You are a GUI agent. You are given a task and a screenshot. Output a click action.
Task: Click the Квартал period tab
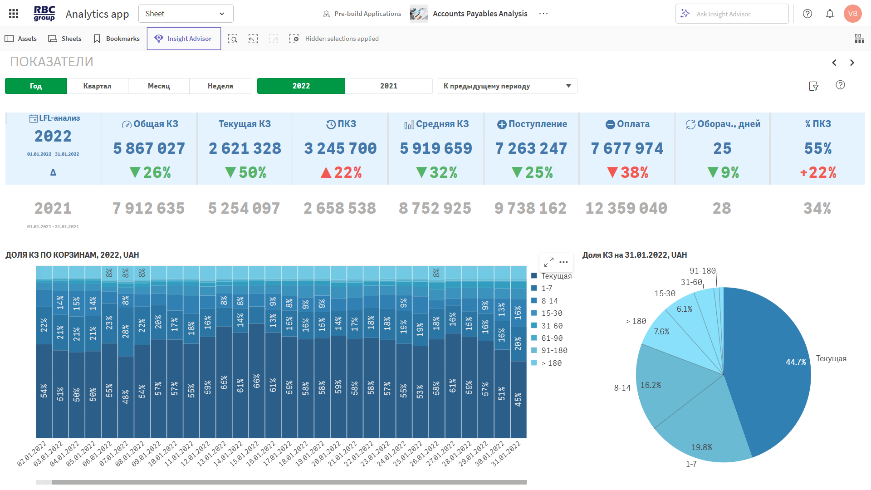coord(97,86)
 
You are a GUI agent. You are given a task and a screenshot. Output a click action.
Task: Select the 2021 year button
coord(388,86)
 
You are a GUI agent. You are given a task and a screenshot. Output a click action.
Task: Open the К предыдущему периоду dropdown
coord(507,86)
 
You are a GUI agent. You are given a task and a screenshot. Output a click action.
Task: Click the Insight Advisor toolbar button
coord(184,39)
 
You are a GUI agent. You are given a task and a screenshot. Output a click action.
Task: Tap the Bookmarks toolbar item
coord(117,39)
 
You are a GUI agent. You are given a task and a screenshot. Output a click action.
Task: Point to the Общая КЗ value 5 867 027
coord(149,148)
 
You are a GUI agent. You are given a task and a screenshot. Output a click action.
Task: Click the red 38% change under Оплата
coord(628,172)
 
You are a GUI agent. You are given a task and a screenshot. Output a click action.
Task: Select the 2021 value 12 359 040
coord(626,208)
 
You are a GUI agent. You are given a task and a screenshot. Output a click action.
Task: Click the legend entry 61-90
coord(552,338)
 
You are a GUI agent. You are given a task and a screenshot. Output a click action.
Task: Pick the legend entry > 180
coord(551,363)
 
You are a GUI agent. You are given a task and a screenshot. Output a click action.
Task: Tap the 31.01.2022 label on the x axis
coord(506,454)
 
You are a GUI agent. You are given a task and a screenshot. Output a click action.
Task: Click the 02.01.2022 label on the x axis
coord(32,454)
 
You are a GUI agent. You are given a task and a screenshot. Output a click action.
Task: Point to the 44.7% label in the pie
coord(796,362)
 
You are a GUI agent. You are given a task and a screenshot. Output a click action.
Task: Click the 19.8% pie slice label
coord(701,447)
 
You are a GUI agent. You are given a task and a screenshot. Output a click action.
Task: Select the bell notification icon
coord(830,14)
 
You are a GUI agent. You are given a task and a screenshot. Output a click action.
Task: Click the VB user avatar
coord(852,14)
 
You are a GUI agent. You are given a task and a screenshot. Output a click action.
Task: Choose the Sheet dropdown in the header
coord(186,14)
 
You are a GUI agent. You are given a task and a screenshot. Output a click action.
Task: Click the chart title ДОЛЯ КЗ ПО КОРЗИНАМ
coord(72,255)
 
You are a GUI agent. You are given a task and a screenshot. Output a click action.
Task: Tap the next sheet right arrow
coord(852,63)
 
